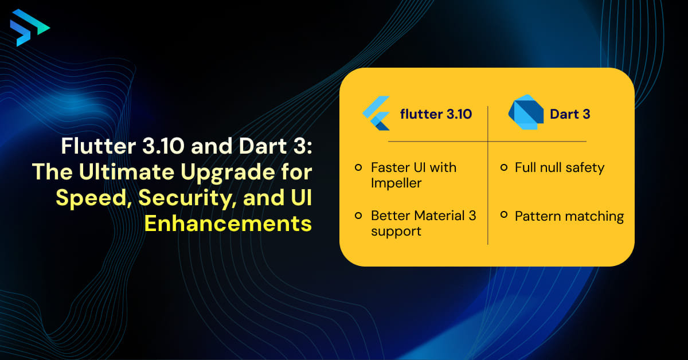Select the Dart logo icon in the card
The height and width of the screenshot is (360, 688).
(x=526, y=114)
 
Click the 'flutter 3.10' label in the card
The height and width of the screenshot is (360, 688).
(x=436, y=114)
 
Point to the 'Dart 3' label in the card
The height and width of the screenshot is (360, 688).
(x=570, y=114)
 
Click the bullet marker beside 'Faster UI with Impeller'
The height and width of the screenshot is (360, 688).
(x=358, y=168)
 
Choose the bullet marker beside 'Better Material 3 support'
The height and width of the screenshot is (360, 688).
(x=358, y=216)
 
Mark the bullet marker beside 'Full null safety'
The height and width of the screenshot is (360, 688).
(x=503, y=168)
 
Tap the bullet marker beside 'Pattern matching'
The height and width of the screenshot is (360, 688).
(x=503, y=216)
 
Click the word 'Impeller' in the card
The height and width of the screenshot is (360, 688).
(x=396, y=183)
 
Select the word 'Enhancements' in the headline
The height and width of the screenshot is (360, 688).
(x=228, y=224)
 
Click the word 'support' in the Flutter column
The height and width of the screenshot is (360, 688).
(x=396, y=232)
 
